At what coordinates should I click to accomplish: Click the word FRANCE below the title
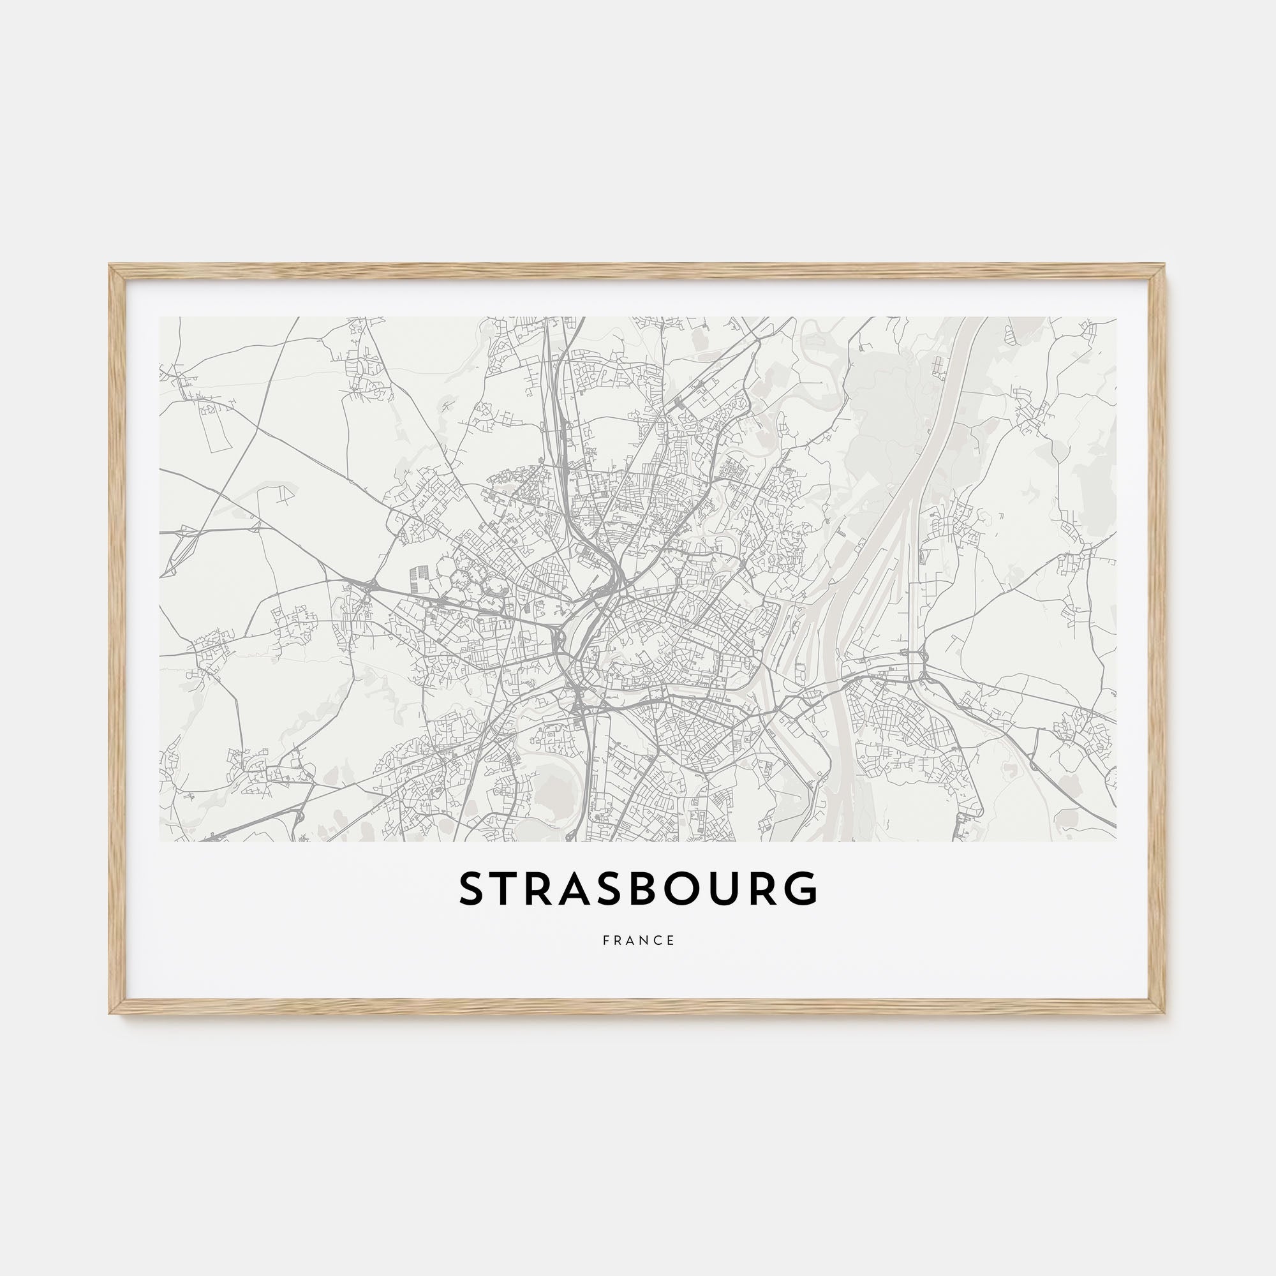[638, 940]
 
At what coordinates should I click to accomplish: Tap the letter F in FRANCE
[605, 940]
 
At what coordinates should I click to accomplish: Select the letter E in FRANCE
[671, 940]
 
